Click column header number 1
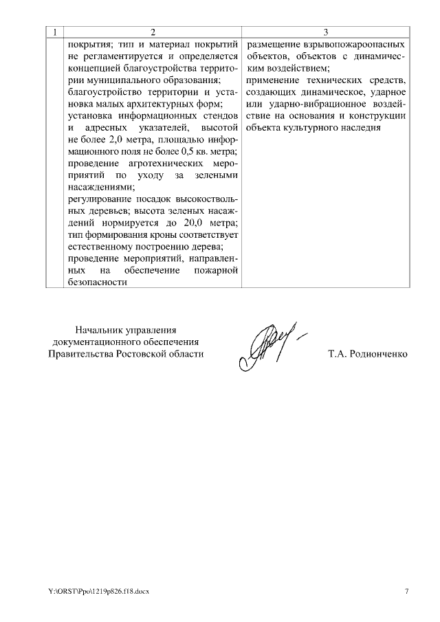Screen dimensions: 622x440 [55, 32]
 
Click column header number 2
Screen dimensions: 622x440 [153, 32]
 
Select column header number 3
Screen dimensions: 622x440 [325, 32]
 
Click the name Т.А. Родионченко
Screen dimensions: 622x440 [368, 354]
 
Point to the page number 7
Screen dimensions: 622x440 [406, 591]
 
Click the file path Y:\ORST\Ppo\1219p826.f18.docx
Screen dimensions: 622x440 [98, 591]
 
